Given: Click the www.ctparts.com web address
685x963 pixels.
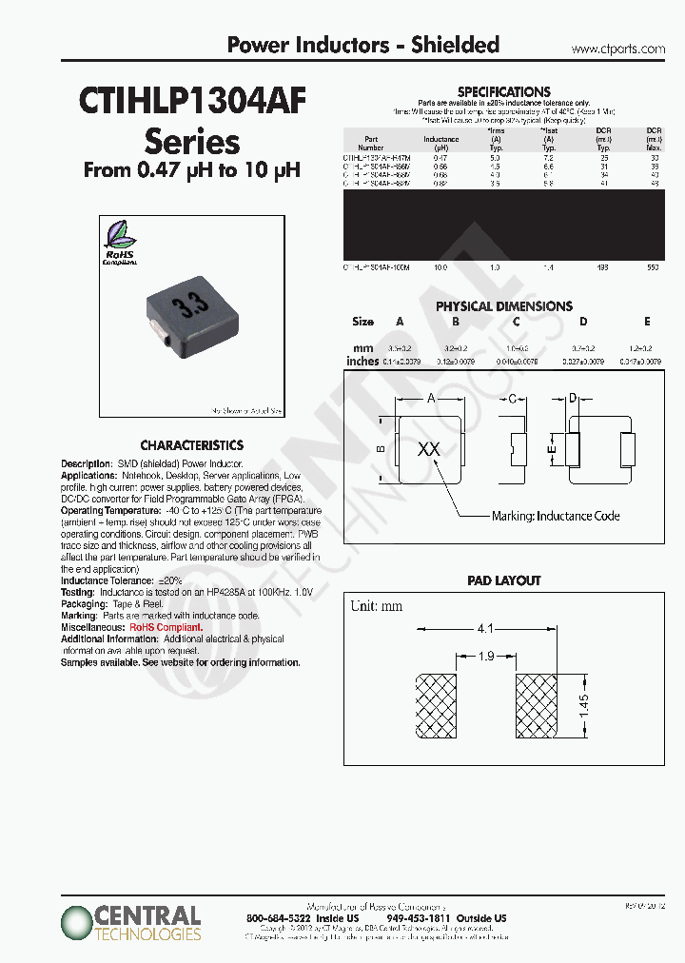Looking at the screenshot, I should point(618,49).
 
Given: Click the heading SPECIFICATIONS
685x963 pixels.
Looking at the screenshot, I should point(503,91).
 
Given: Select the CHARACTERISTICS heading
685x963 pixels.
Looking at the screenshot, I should point(191,445).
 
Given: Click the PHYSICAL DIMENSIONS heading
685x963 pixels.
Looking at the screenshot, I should point(503,306).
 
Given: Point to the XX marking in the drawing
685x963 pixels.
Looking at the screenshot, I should point(429,448).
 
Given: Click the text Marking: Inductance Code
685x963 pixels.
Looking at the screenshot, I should point(555,516).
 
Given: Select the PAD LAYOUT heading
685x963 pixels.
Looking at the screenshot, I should point(503,580).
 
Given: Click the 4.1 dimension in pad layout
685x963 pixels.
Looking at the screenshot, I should point(483,629).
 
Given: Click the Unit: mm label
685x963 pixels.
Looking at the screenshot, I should point(376,606).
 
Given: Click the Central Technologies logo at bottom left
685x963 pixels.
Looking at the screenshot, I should point(131,922).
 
